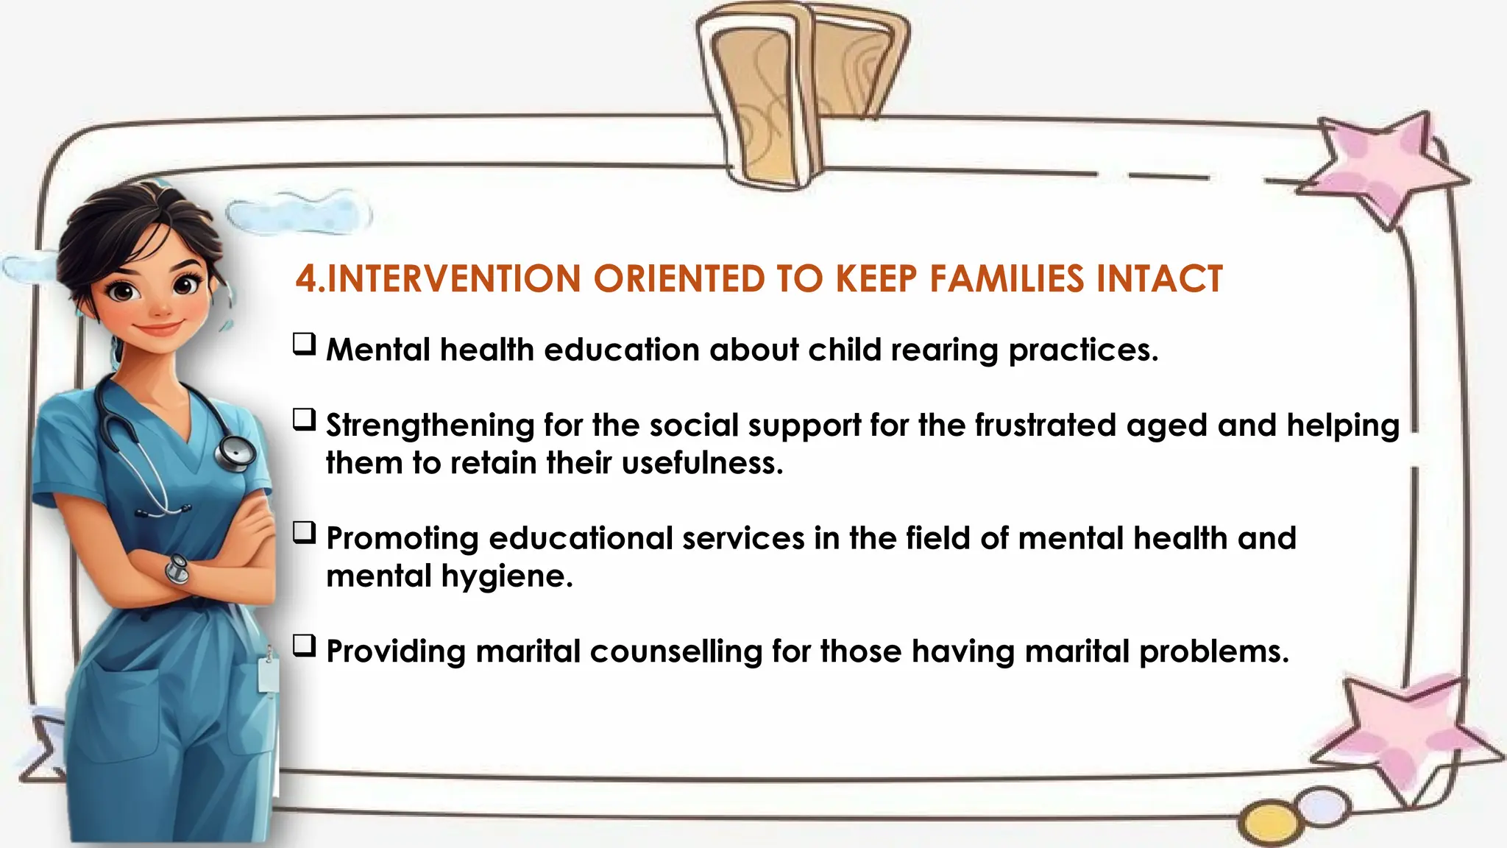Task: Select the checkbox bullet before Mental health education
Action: tap(305, 344)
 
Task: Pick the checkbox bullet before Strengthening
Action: tap(305, 420)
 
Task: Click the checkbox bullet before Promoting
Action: tap(305, 532)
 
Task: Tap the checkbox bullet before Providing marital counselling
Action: tap(305, 646)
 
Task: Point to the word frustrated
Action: tap(1046, 425)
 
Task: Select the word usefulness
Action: tap(702, 463)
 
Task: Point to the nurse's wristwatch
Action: tap(177, 568)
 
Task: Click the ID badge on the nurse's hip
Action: tap(269, 674)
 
